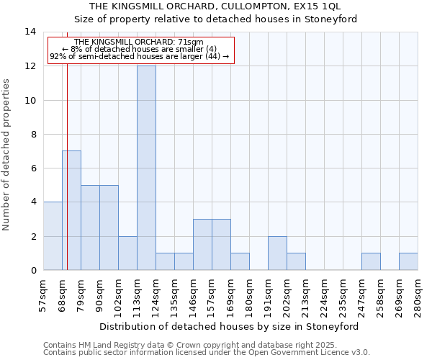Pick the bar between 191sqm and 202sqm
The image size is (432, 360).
tap(277, 253)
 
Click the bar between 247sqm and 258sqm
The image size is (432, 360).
tap(371, 262)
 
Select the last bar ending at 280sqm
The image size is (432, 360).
tap(408, 262)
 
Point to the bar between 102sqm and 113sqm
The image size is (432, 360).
tap(127, 253)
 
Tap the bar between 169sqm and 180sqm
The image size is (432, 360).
tap(240, 262)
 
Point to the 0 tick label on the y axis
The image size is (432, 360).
tap(33, 271)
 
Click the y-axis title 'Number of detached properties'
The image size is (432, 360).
tap(7, 154)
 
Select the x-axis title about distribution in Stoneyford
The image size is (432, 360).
tap(228, 326)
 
